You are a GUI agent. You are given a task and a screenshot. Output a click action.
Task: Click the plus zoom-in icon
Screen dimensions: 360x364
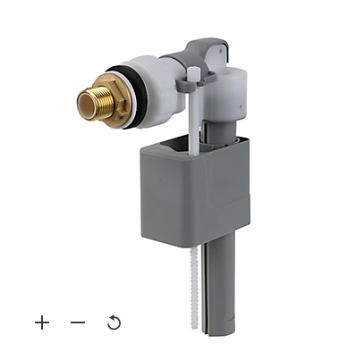coord(42,322)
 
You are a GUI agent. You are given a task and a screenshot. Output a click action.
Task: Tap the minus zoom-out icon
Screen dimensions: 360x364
coord(78,322)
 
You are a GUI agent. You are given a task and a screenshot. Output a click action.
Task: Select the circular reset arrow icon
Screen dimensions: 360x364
coord(114,322)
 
